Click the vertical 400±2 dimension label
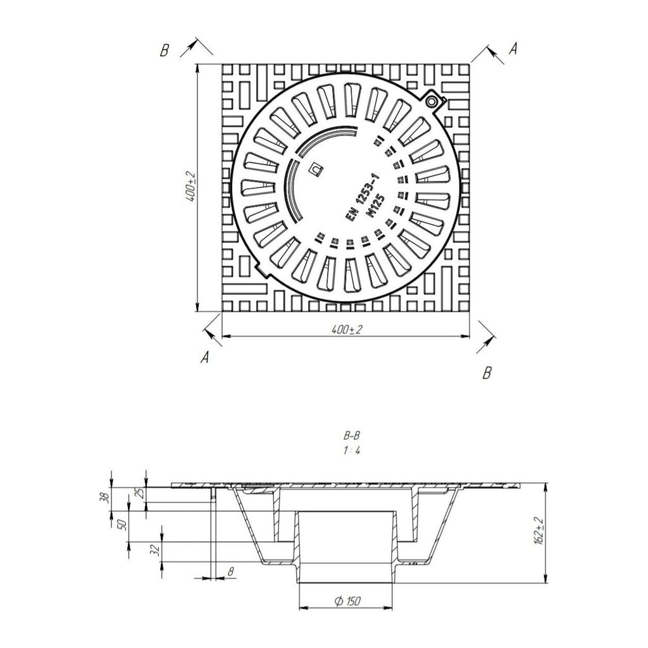coord(190,187)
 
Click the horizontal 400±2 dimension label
coord(346,329)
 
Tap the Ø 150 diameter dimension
coord(347,601)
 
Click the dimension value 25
coord(140,493)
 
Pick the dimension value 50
coord(122,525)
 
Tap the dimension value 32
coord(155,550)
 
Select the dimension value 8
coord(230,571)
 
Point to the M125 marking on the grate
coord(377,206)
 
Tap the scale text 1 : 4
coord(351,450)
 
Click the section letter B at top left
coord(165,51)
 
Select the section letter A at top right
coord(513,49)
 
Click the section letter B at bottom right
coord(487,373)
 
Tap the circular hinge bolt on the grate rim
coord(432,101)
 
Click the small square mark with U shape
coord(316,169)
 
